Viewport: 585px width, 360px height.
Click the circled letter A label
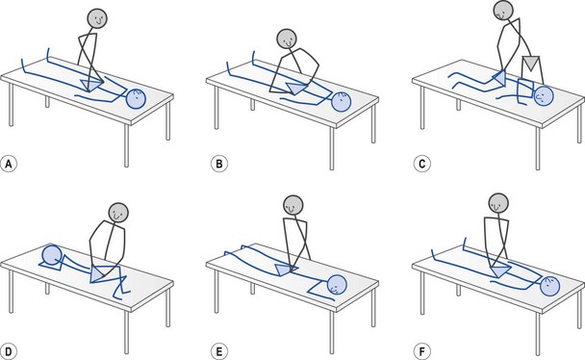coord(9,164)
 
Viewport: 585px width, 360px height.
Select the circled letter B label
coord(219,164)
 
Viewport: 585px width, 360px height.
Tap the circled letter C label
coord(422,164)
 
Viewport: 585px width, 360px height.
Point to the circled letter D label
coord(9,351)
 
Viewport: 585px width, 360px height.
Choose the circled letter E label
coord(219,351)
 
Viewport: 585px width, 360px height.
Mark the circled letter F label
coord(422,351)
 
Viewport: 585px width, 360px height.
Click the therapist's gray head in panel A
coord(97,18)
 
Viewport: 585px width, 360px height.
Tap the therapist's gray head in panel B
coord(287,39)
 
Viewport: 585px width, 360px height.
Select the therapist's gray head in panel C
coord(503,10)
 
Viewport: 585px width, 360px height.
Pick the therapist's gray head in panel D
coord(118,213)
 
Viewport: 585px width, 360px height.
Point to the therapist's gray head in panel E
coord(293,205)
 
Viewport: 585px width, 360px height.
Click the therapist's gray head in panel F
coord(498,203)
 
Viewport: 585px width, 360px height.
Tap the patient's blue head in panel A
coord(137,99)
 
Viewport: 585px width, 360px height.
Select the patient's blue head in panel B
coord(341,102)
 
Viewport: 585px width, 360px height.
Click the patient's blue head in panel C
coord(544,95)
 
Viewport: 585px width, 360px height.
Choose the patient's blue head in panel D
coord(53,254)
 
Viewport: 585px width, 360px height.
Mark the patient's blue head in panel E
coord(337,285)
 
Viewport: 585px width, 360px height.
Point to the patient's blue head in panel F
coord(550,286)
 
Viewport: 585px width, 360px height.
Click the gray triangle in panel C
coord(530,63)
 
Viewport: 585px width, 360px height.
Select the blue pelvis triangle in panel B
coord(296,88)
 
